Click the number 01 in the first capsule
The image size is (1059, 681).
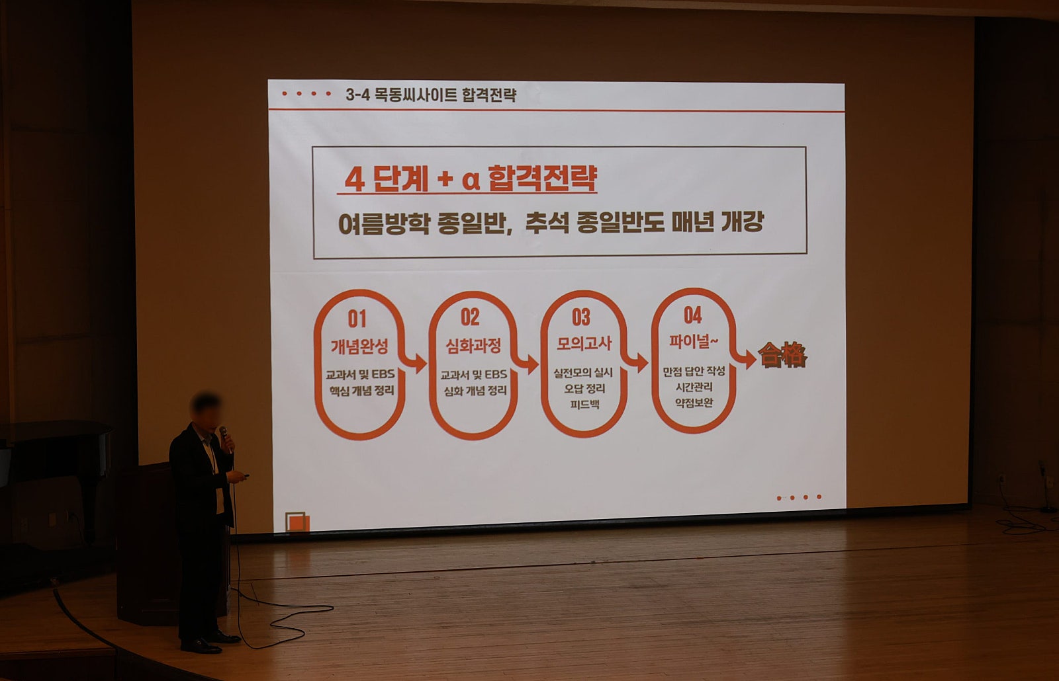coord(357,319)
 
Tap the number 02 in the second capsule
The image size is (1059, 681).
coord(471,317)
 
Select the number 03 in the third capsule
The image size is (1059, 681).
coord(581,317)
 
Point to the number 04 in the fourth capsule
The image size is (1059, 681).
coord(692,315)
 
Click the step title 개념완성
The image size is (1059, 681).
coord(360,346)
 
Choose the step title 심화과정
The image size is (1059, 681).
coord(473,346)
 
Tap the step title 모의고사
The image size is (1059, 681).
coord(584,343)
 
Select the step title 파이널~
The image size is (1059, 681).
coord(693,341)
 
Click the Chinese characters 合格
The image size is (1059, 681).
coord(782,354)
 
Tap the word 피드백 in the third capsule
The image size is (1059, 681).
coord(585,405)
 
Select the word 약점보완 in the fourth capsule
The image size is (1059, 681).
coord(694,403)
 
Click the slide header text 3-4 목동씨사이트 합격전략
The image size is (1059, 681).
coord(431,95)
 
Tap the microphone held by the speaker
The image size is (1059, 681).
coord(225,438)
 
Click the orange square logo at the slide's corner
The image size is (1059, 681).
coord(297,522)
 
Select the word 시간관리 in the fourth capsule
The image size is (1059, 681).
coord(694,387)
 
